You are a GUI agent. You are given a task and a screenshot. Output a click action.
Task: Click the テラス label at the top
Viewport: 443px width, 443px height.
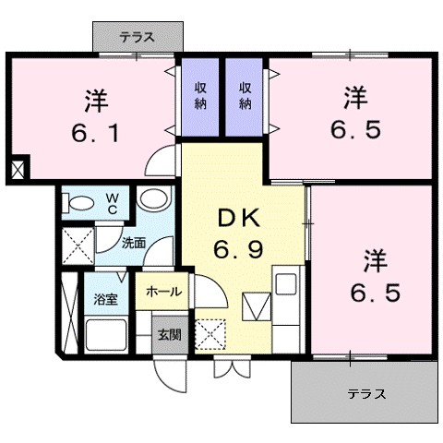137,38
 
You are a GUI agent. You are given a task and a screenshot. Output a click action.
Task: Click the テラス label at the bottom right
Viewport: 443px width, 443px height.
366,393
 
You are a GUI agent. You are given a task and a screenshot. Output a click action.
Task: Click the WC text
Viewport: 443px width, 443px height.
110,203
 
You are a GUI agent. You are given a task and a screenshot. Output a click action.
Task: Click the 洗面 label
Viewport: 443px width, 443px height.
134,244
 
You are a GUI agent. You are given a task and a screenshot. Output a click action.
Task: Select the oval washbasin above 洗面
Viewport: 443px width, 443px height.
151,199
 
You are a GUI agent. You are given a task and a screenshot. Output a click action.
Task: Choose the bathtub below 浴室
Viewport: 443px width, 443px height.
106,335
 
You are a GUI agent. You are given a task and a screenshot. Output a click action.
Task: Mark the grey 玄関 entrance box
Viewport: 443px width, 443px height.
168,336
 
